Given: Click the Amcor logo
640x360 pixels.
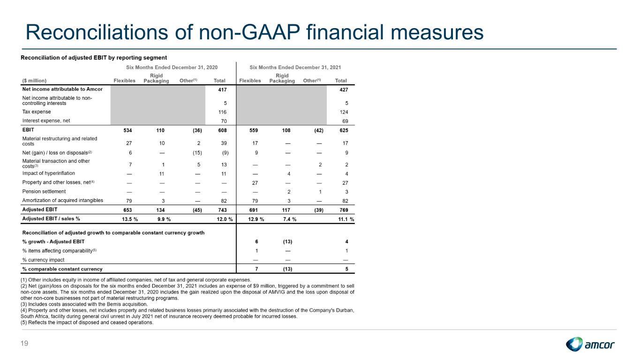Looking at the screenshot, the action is [x=590, y=344].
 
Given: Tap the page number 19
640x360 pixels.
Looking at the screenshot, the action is [x=24, y=343].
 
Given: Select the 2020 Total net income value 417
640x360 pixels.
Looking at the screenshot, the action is [x=222, y=90].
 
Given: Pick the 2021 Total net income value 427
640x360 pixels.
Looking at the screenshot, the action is [x=344, y=90].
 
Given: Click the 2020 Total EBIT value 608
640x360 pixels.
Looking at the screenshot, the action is [x=222, y=130].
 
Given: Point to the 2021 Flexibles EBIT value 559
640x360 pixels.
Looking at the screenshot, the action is [x=254, y=130].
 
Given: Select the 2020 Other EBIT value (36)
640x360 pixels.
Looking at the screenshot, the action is [x=197, y=130].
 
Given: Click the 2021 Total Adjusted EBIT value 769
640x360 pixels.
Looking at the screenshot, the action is [x=344, y=210].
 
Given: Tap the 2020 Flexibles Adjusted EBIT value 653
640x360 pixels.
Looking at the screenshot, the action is [x=128, y=210].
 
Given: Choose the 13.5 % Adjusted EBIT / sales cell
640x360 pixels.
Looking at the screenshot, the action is [x=130, y=219].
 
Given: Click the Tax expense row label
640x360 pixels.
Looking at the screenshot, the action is [x=37, y=112].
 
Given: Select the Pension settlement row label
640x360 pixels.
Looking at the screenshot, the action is [x=44, y=191].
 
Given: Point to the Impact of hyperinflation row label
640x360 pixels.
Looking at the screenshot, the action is [x=49, y=173].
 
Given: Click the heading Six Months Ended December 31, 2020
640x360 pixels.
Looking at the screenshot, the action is [x=172, y=67].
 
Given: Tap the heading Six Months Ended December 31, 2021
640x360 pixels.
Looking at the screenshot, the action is [x=295, y=67].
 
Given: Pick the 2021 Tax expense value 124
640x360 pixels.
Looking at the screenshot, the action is [x=344, y=112].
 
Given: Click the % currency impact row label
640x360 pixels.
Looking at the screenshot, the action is [x=43, y=260].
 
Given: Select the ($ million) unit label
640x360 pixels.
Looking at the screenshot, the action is [x=34, y=81].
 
